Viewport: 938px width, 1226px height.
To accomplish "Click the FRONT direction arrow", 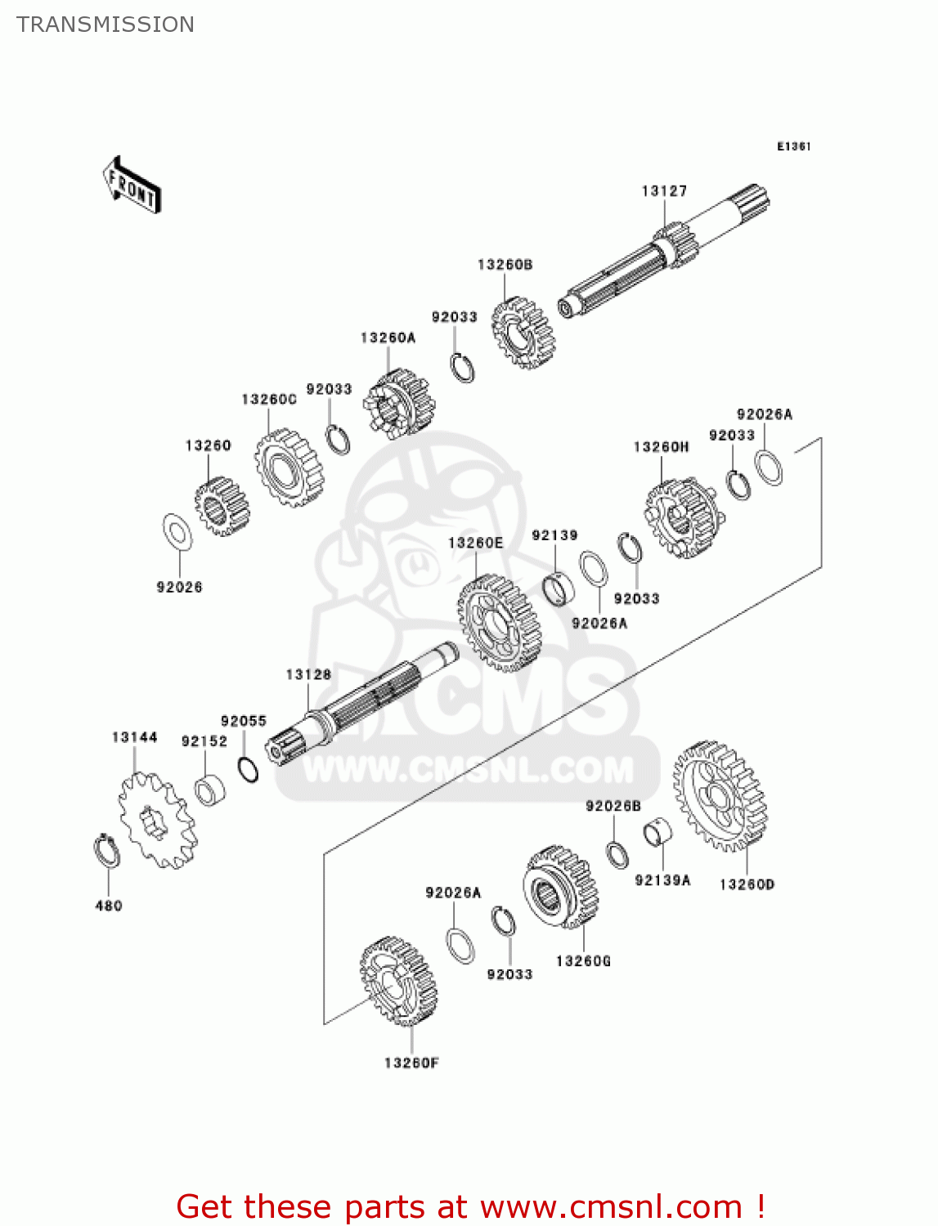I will pyautogui.click(x=131, y=186).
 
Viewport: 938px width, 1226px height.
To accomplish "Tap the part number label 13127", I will pyautogui.click(x=664, y=191).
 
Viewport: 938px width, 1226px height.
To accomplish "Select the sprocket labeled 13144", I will pyautogui.click(x=156, y=821).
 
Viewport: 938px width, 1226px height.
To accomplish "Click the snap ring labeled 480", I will pyautogui.click(x=106, y=851).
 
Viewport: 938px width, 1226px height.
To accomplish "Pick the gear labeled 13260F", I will pyautogui.click(x=398, y=981).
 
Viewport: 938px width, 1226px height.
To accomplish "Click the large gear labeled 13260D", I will pyautogui.click(x=720, y=796).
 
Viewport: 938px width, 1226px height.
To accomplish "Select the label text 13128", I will pyautogui.click(x=308, y=674).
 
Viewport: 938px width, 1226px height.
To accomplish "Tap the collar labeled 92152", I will pyautogui.click(x=210, y=790).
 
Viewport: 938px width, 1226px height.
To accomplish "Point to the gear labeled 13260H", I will pyautogui.click(x=684, y=518).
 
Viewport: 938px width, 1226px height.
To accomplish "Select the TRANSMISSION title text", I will pyautogui.click(x=105, y=25).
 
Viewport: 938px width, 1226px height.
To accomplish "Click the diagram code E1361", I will pyautogui.click(x=793, y=146).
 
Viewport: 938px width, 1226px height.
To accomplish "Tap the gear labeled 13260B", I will pyautogui.click(x=523, y=332).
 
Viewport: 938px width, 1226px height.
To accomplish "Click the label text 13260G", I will pyautogui.click(x=583, y=961).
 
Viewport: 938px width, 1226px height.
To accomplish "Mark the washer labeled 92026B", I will pyautogui.click(x=617, y=853).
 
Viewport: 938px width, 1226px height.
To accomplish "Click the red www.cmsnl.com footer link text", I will pyautogui.click(x=610, y=1206).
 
